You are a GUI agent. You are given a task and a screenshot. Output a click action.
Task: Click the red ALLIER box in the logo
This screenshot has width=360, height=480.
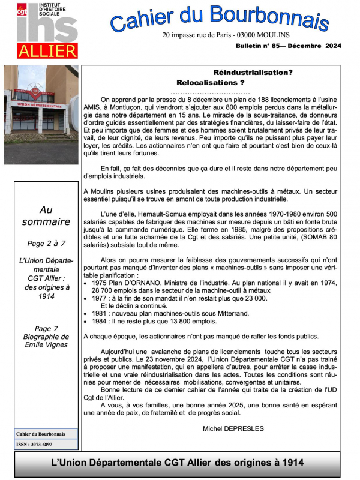pyautogui.click(x=47, y=50)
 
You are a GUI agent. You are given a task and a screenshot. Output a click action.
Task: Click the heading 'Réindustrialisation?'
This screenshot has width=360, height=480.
pyautogui.click(x=253, y=72)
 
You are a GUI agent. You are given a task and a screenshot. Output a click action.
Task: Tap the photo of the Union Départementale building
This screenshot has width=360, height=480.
pyautogui.click(x=41, y=114)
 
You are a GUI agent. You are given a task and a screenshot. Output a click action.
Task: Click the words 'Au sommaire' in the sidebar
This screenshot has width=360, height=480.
pyautogui.click(x=46, y=216)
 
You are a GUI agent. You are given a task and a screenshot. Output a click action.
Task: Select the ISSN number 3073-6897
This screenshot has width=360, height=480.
pyautogui.click(x=42, y=445)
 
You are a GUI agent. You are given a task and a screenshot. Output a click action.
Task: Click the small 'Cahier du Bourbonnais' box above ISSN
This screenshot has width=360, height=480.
pyautogui.click(x=42, y=434)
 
